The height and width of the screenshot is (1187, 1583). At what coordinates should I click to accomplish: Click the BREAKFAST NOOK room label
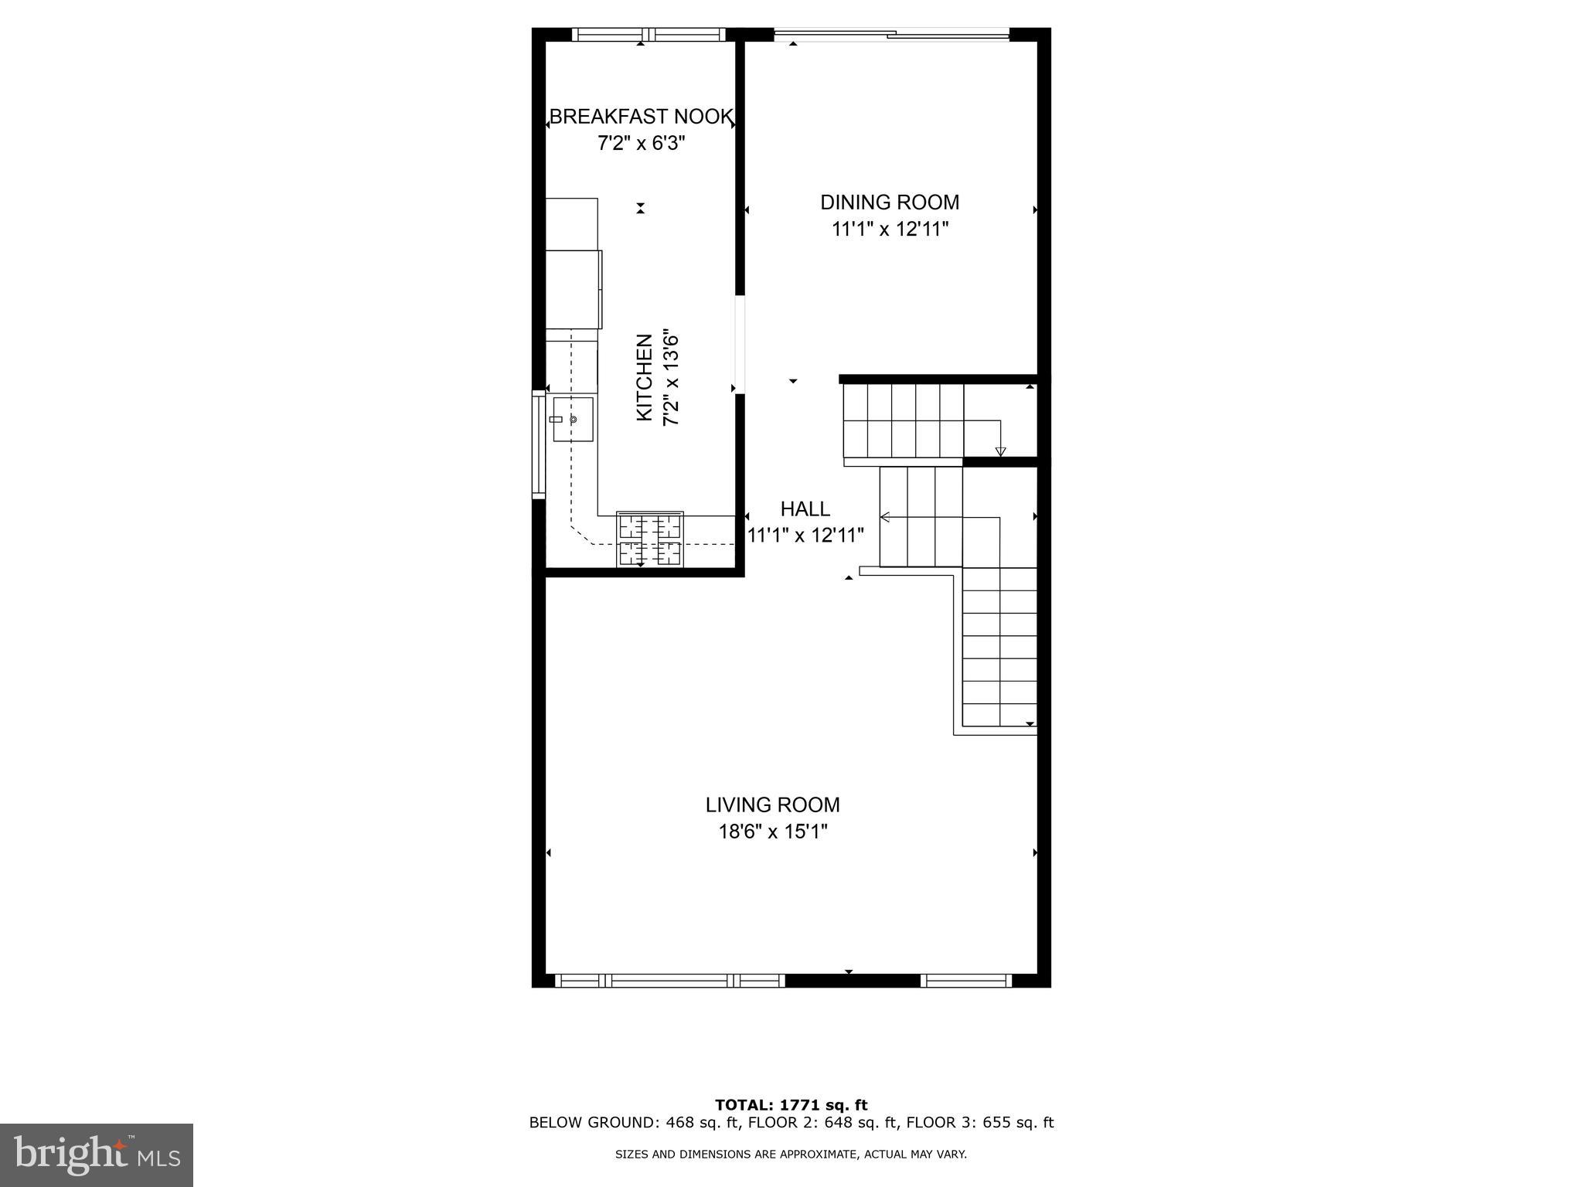641,117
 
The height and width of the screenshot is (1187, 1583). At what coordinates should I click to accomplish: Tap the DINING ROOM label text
890,202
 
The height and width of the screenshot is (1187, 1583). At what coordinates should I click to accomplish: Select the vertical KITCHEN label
644,378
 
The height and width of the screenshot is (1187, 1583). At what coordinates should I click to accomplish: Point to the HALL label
805,509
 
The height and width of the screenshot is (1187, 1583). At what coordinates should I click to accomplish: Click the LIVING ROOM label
772,805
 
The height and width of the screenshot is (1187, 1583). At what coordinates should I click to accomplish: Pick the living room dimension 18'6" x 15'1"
772,832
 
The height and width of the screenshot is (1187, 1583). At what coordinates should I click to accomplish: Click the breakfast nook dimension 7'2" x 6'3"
641,143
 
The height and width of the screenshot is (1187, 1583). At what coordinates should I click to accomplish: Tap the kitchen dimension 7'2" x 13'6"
671,378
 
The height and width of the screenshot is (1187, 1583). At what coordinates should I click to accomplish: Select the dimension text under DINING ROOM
890,230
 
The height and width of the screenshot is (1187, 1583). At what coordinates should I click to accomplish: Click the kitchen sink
573,419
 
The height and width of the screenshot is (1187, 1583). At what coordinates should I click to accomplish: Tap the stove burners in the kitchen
649,539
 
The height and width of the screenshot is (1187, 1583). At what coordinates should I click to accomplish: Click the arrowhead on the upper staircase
1000,451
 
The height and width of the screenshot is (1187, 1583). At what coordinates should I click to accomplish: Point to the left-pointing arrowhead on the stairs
885,517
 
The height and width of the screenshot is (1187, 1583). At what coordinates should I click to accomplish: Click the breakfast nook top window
649,34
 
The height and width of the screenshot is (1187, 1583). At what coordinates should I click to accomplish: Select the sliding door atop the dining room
891,33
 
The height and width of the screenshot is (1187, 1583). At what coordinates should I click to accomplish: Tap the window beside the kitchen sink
538,444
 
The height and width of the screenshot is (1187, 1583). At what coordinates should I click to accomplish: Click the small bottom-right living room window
966,981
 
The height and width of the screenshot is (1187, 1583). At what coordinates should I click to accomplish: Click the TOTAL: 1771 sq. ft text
791,1106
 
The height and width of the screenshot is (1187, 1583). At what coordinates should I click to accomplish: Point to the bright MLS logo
97,1155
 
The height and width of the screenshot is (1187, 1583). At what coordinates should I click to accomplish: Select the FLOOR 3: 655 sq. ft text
979,1123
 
